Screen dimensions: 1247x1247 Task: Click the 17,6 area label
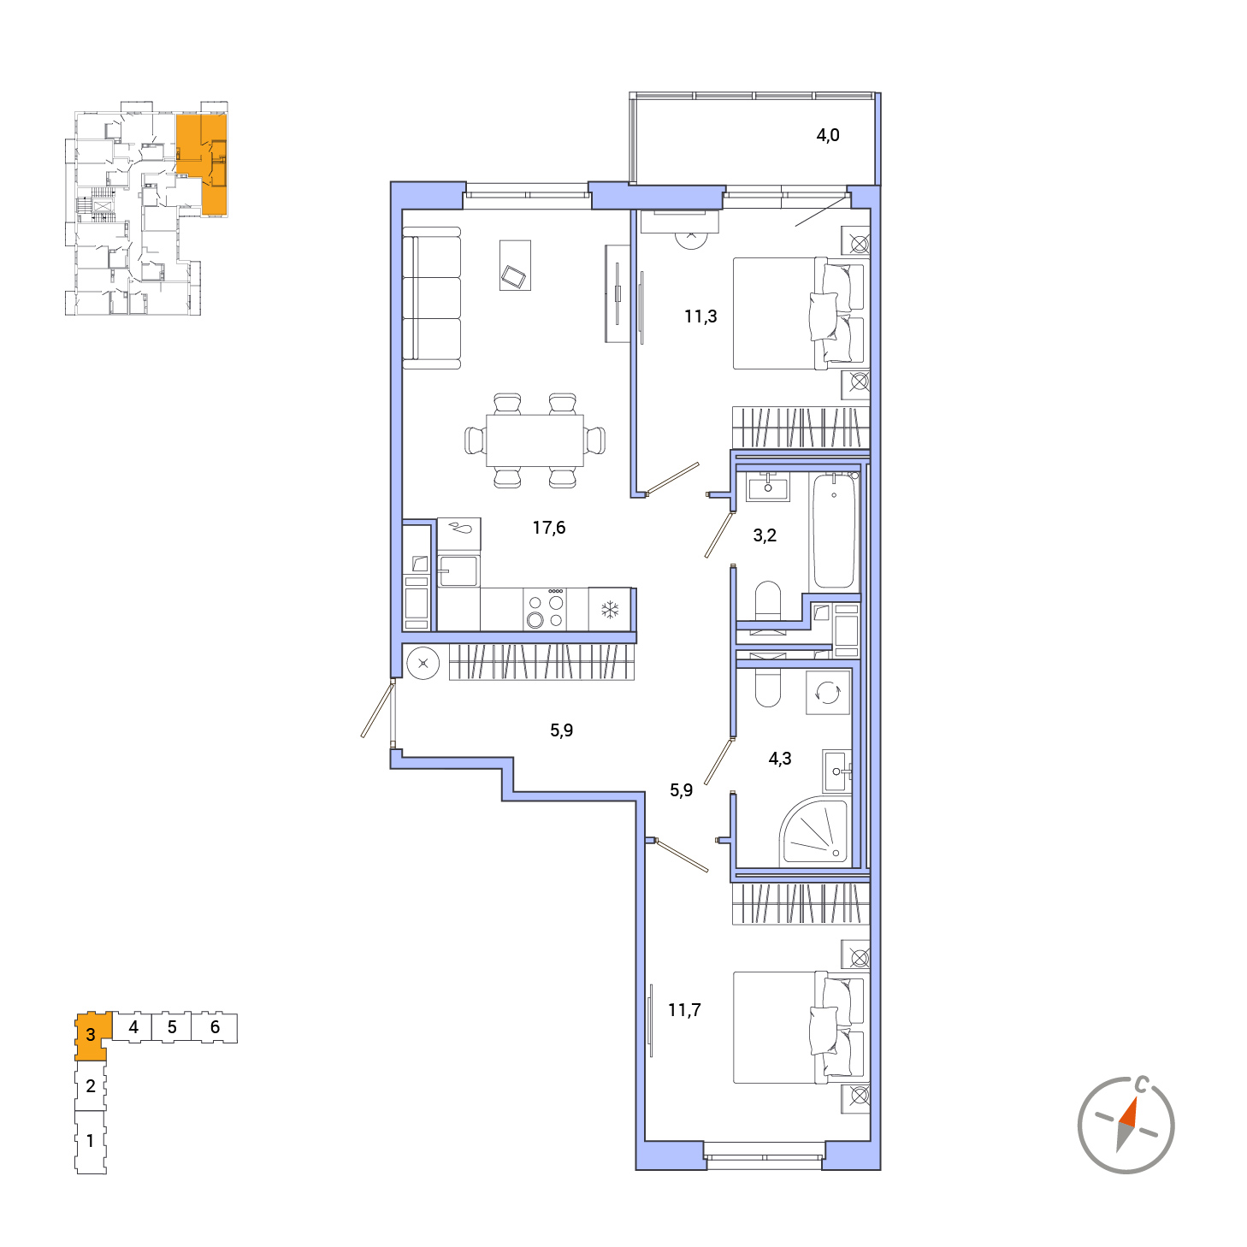549,528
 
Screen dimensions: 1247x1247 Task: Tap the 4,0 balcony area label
828,135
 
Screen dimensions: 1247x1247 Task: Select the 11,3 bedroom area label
700,316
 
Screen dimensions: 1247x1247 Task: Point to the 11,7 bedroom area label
685,1009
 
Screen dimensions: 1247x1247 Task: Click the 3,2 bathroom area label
765,535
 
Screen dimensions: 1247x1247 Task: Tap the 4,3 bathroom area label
780,759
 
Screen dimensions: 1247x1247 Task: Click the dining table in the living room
535,440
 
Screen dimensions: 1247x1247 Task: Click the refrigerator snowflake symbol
610,609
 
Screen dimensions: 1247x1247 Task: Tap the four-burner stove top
545,609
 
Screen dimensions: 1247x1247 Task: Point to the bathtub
834,530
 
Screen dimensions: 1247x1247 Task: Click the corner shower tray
814,833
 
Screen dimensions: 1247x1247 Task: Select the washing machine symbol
828,693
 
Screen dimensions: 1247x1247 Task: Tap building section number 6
215,1027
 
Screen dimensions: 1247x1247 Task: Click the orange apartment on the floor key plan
202,164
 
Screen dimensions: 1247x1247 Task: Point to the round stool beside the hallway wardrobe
423,664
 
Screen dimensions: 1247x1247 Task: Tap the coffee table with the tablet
515,265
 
